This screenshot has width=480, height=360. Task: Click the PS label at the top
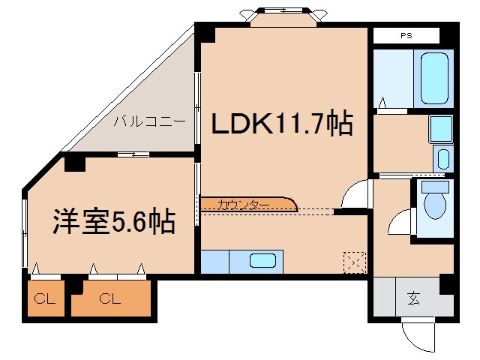click(x=406, y=35)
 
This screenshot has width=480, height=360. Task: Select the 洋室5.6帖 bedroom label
click(x=113, y=221)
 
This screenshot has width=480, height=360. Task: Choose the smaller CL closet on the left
click(x=45, y=300)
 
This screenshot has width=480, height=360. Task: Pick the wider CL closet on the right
click(x=110, y=300)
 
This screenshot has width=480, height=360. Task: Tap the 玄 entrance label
click(x=414, y=298)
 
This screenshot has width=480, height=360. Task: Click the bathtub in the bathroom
click(x=436, y=78)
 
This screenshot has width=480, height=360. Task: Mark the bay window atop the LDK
click(x=284, y=14)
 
